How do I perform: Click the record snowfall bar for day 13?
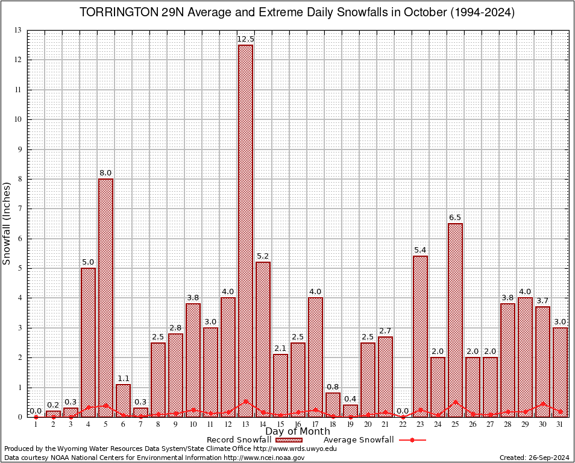(x=245, y=229)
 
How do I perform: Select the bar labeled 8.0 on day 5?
(x=105, y=295)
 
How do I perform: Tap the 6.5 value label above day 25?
(x=455, y=217)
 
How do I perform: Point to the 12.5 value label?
(x=245, y=39)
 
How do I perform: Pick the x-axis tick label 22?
(x=403, y=424)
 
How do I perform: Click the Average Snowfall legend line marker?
(x=412, y=440)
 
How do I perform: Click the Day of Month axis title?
(x=297, y=431)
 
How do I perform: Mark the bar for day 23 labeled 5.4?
(x=420, y=335)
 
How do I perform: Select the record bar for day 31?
(x=560, y=371)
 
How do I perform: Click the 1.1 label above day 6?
(x=123, y=378)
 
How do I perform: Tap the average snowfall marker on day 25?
(x=455, y=402)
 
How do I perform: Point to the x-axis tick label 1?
(x=36, y=424)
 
